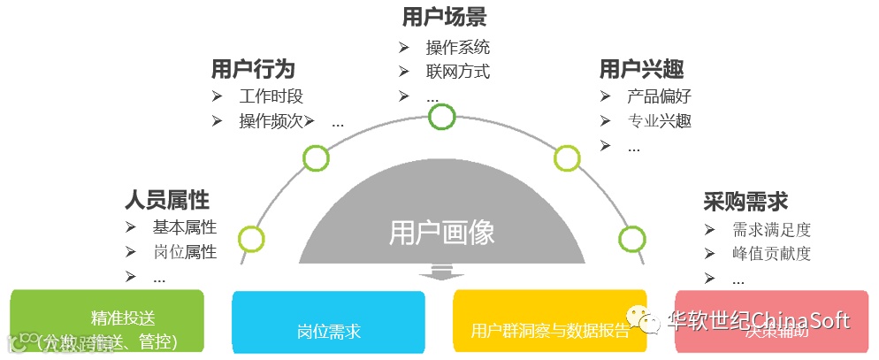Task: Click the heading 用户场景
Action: [444, 17]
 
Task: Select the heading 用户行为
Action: [253, 68]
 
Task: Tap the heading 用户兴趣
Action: [641, 68]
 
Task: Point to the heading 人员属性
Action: [167, 199]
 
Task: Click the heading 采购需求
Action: [745, 201]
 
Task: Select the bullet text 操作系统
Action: [457, 47]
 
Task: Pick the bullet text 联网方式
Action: [457, 72]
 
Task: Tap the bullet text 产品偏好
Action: [659, 96]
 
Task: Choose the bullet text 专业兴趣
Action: [659, 121]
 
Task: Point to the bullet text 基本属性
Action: [184, 227]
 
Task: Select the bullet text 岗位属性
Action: [184, 252]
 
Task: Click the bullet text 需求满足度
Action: [771, 230]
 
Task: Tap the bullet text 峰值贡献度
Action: [771, 254]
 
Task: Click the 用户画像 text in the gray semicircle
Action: [441, 232]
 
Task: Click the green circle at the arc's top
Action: [441, 117]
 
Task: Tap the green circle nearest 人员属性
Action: [251, 238]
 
